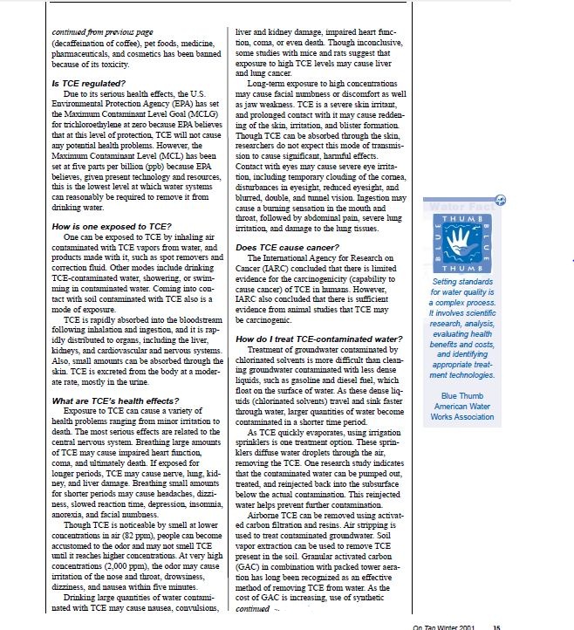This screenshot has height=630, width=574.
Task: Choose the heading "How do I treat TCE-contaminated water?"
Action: tap(318, 339)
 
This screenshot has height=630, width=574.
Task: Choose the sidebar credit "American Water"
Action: tap(461, 407)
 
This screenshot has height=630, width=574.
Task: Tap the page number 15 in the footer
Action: tap(496, 625)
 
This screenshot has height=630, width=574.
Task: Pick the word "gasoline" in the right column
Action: tap(331, 392)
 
